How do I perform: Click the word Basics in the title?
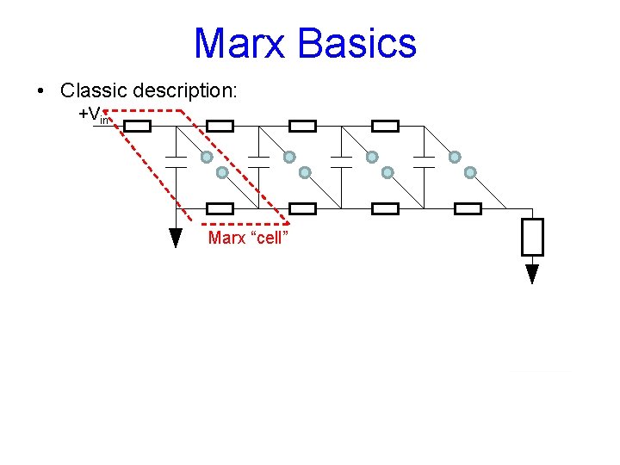click(x=365, y=43)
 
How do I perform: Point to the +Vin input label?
click(x=93, y=115)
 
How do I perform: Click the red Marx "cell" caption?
click(x=246, y=238)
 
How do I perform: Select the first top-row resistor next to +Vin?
click(x=138, y=127)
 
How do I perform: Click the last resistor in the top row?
click(x=385, y=127)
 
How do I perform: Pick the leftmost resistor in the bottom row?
click(x=220, y=208)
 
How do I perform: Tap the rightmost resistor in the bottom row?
click(x=468, y=208)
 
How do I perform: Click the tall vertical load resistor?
click(x=532, y=237)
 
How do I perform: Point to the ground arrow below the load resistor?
click(x=532, y=274)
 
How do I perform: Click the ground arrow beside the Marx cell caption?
click(x=176, y=238)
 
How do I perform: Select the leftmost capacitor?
click(x=176, y=161)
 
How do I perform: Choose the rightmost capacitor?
click(x=424, y=161)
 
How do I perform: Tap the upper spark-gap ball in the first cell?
click(x=207, y=157)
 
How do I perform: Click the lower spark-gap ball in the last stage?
click(x=470, y=172)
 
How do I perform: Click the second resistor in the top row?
click(x=220, y=127)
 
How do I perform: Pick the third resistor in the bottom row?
click(x=385, y=208)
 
